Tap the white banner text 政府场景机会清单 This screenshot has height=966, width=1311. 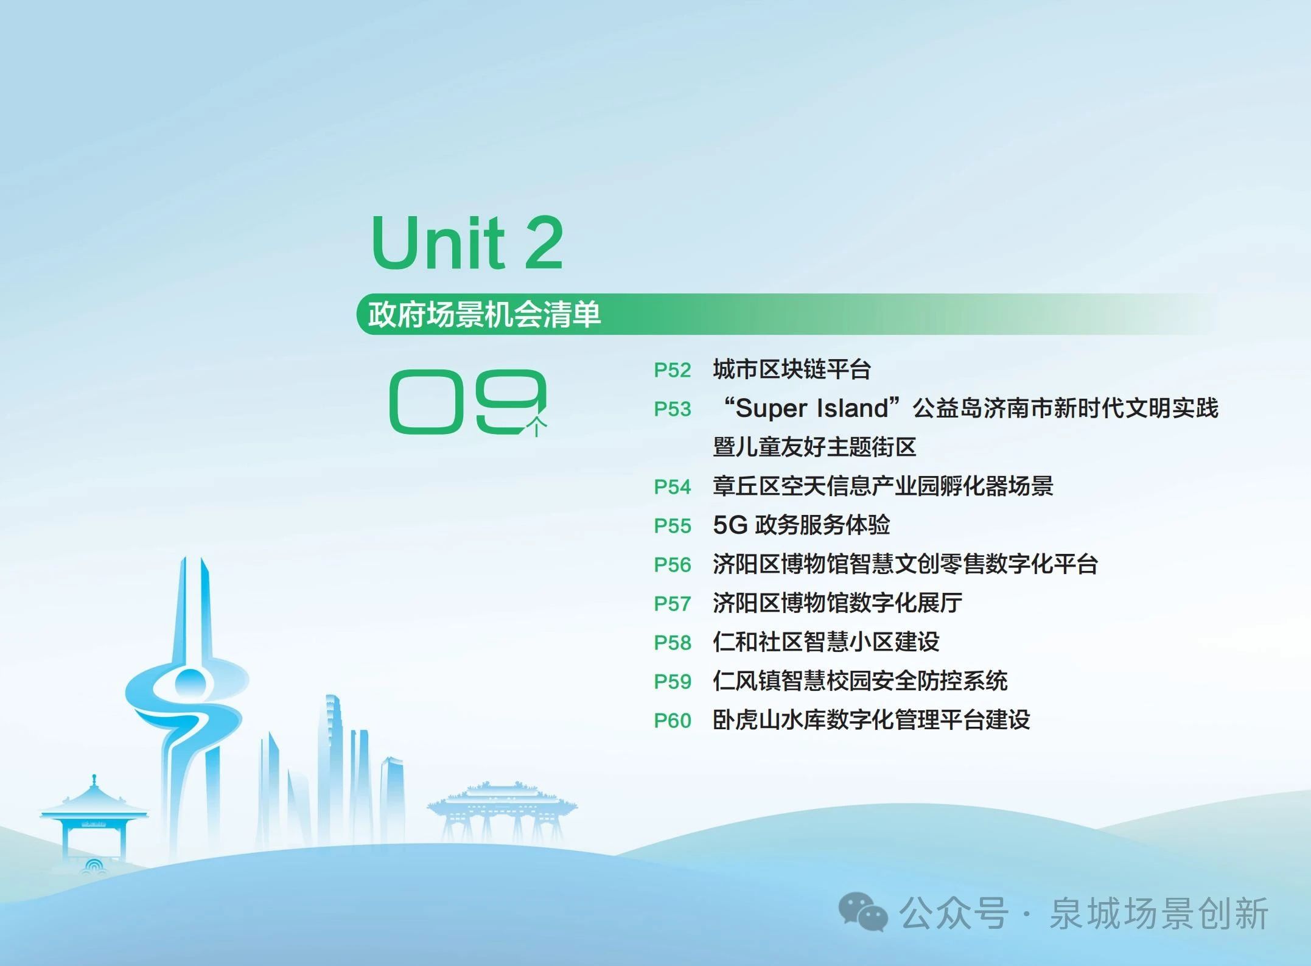[x=484, y=314]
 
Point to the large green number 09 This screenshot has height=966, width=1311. [x=468, y=402]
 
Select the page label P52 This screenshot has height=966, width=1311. [x=673, y=370]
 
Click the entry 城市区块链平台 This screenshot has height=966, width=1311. [x=792, y=369]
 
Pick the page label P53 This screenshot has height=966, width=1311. [x=673, y=409]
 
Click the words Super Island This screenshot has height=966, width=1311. [x=812, y=408]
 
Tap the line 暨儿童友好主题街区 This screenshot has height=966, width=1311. [x=814, y=447]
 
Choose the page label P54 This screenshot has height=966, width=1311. [x=673, y=487]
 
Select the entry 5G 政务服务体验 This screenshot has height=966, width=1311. [x=801, y=525]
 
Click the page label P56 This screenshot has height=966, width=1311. [x=673, y=565]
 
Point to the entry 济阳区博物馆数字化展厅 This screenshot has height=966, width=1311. [x=837, y=603]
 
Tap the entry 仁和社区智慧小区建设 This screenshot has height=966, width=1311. [x=826, y=642]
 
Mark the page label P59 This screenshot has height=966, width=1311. [x=673, y=682]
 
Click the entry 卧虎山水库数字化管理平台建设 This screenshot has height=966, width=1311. [x=872, y=720]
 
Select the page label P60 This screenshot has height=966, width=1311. [x=673, y=721]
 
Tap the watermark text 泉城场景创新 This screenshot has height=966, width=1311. [x=1159, y=914]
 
